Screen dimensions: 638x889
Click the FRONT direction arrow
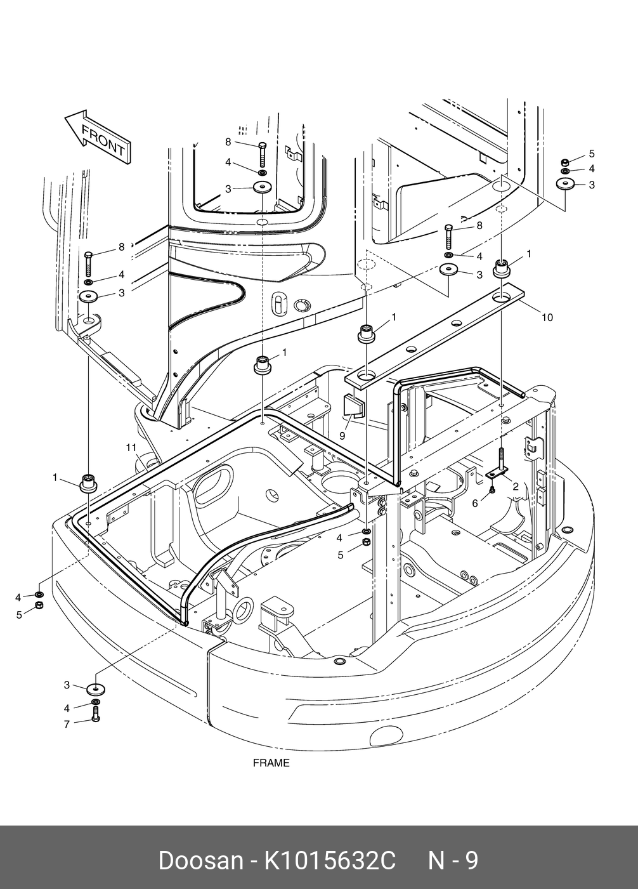point(98,136)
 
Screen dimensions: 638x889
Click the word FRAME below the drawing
point(271,763)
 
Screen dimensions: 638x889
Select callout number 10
point(547,317)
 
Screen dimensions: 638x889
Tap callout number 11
point(131,448)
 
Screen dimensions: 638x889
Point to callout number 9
point(342,436)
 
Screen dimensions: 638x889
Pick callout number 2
point(516,487)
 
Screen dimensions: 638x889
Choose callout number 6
point(475,504)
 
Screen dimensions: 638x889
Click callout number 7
point(67,724)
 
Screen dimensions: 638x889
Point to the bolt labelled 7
point(96,718)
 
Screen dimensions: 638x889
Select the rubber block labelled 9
point(353,406)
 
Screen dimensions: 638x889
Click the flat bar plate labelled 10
point(434,338)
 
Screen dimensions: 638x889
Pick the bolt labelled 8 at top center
point(263,155)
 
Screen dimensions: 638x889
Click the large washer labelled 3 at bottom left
point(96,689)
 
